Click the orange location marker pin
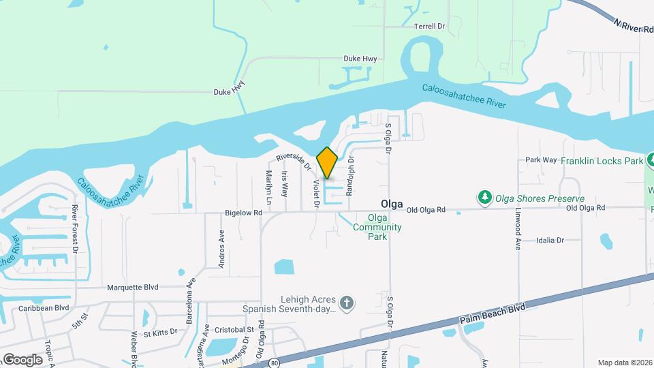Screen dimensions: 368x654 click(x=327, y=163)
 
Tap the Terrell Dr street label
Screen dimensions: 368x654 click(x=429, y=26)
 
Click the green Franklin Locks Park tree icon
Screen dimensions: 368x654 click(x=651, y=161)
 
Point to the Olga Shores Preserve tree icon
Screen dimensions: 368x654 click(x=485, y=198)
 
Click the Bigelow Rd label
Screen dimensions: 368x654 click(x=243, y=213)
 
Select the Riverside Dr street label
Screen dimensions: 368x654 click(x=294, y=162)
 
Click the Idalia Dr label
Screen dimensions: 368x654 click(x=550, y=240)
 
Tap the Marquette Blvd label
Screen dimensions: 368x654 click(x=132, y=288)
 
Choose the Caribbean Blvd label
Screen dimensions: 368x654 click(x=44, y=307)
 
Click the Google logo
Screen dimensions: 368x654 click(x=22, y=359)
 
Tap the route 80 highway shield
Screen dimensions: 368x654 click(x=273, y=361)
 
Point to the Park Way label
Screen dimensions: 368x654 click(x=541, y=160)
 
